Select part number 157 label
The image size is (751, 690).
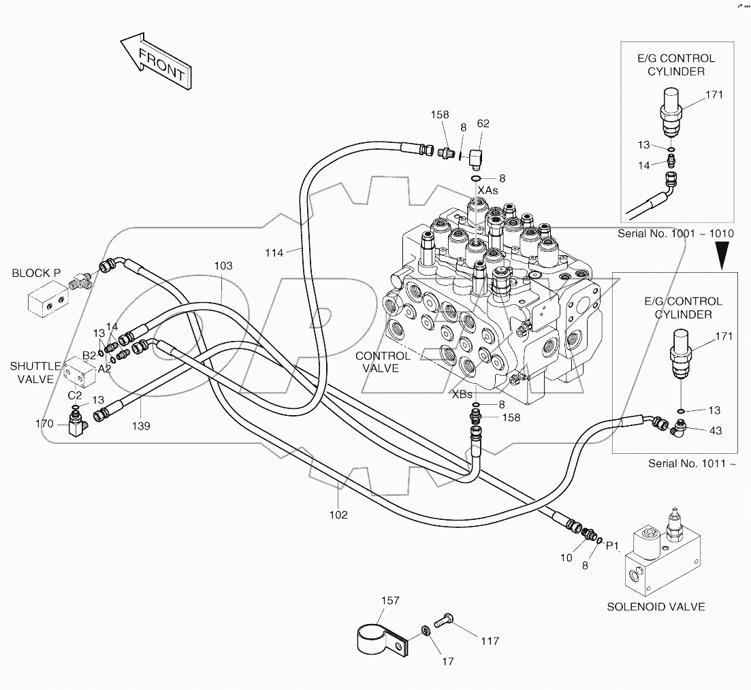(390, 600)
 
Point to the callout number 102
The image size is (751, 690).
(338, 514)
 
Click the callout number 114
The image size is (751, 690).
(274, 253)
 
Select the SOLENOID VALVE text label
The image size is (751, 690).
(656, 606)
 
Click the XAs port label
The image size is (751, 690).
(487, 190)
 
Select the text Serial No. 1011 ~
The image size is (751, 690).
(692, 463)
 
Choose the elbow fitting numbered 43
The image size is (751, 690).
(677, 429)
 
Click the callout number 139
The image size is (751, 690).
(142, 426)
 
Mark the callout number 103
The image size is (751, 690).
(223, 265)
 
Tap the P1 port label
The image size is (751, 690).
(613, 545)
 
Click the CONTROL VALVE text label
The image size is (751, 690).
(383, 362)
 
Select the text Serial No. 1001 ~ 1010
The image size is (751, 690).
(675, 233)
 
